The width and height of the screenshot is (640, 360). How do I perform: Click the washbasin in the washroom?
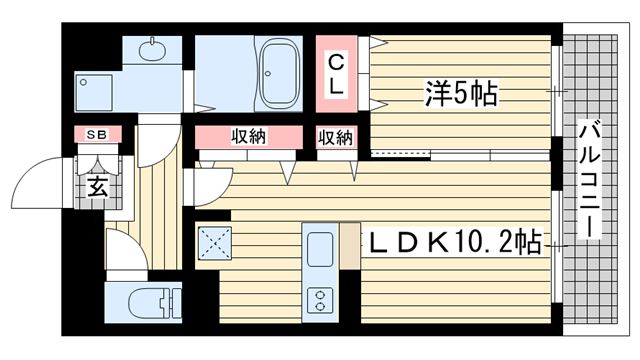(153, 49)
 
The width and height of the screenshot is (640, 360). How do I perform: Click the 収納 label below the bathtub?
(249, 137)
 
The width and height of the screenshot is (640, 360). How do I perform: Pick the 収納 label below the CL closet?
(337, 137)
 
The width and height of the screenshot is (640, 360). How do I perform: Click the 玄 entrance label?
(96, 186)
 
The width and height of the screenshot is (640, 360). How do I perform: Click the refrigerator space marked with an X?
(216, 243)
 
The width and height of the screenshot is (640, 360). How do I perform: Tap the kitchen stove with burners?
(321, 299)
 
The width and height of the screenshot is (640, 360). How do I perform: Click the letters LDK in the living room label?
(405, 242)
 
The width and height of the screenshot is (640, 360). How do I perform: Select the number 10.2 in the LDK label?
(490, 242)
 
